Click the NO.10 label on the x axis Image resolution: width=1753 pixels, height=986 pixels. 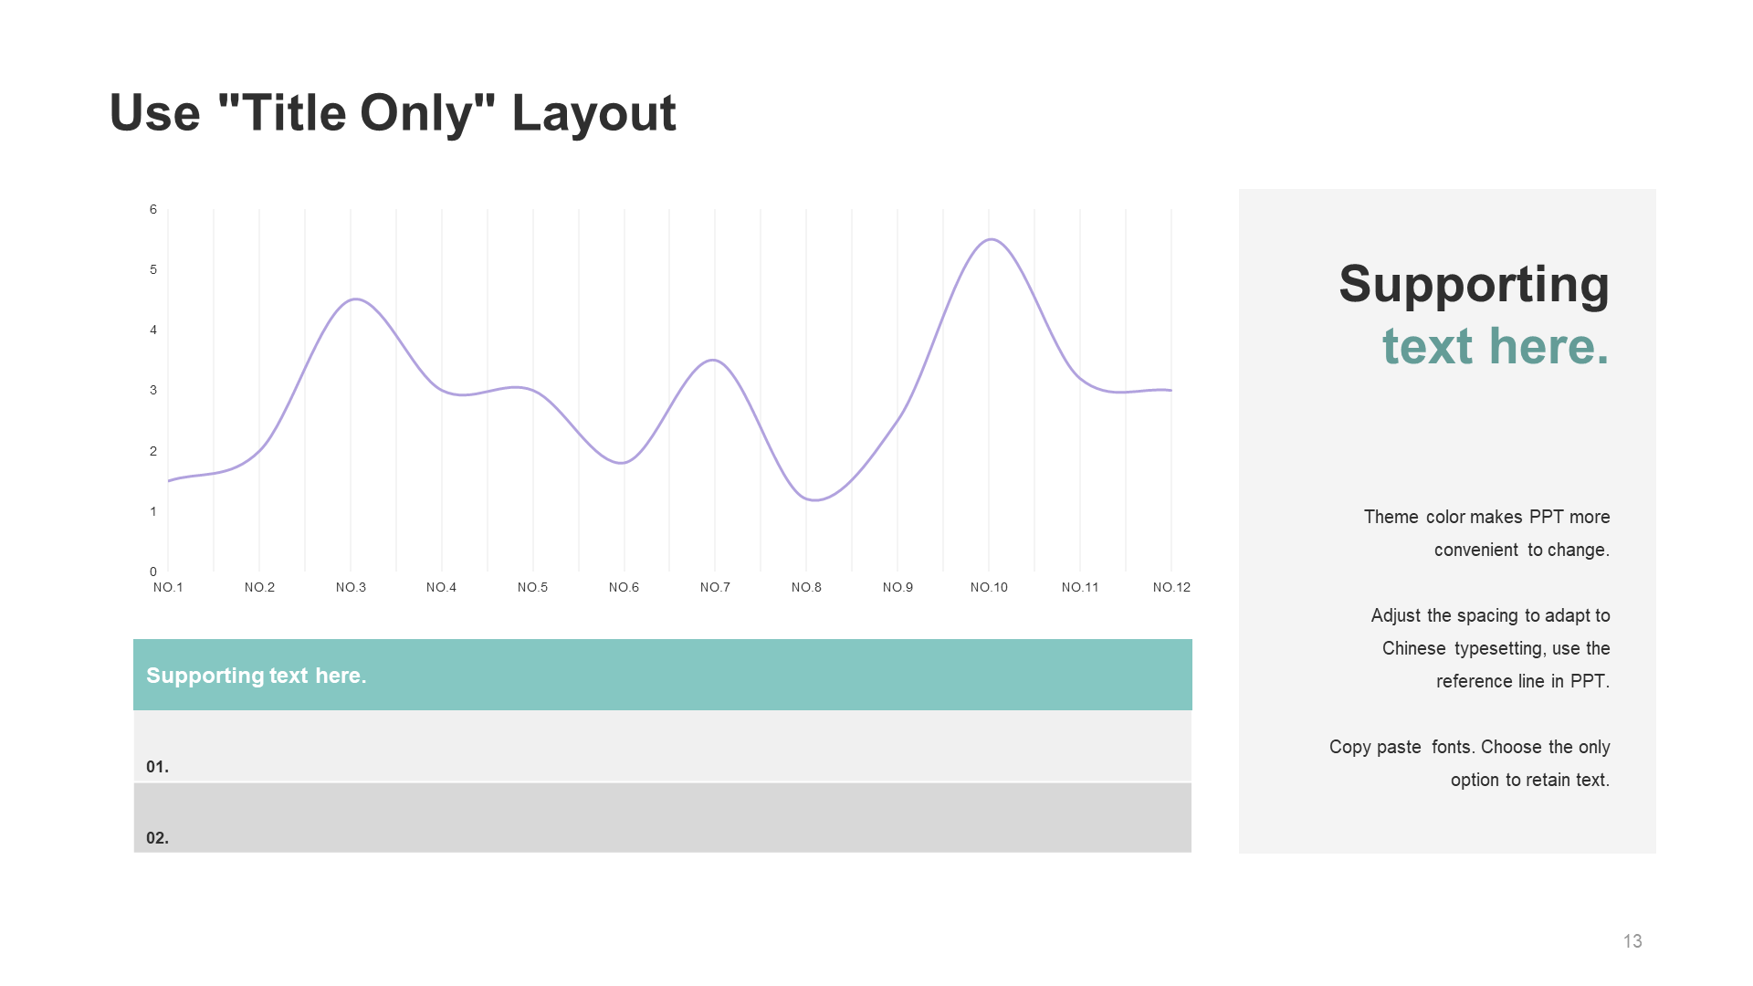click(989, 587)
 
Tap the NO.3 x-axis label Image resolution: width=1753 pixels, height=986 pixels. click(351, 587)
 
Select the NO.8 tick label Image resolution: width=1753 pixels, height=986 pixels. click(806, 587)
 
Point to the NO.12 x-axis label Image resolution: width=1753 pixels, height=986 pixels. click(1171, 587)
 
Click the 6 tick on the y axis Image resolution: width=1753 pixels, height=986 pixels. click(153, 209)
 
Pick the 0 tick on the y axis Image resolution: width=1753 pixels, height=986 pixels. click(153, 572)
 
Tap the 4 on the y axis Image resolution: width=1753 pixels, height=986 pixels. click(153, 330)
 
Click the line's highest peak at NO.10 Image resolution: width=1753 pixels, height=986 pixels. click(991, 239)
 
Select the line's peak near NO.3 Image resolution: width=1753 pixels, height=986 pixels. click(354, 299)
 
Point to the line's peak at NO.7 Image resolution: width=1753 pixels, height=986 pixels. click(714, 360)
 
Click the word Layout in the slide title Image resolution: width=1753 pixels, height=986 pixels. click(593, 114)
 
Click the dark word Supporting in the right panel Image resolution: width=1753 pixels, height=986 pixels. click(1474, 285)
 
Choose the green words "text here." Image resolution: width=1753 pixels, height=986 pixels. click(1496, 346)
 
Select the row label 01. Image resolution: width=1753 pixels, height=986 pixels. click(157, 767)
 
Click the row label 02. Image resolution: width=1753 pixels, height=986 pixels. click(157, 838)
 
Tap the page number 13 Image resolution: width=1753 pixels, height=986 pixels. click(1632, 941)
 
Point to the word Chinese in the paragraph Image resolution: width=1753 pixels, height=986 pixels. click(1413, 648)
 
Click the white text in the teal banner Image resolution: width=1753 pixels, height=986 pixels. click(256, 676)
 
